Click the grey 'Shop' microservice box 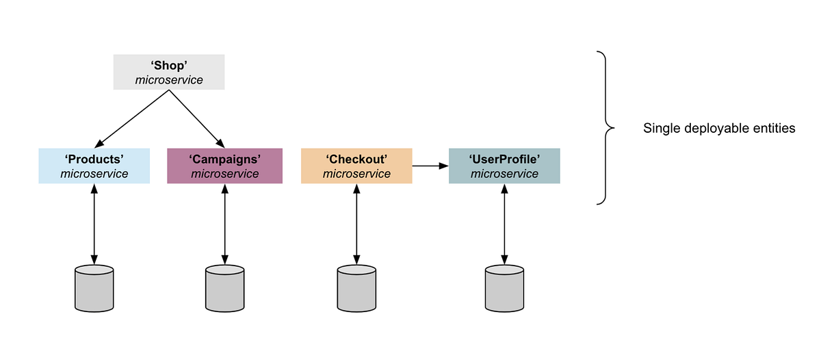(x=168, y=72)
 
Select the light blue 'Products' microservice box (x=94, y=166)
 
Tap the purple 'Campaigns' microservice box (x=224, y=166)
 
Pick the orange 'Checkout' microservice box (x=356, y=166)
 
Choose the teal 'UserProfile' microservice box (x=504, y=166)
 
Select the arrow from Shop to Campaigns (x=197, y=117)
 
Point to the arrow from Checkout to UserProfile (x=430, y=166)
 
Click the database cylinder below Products (x=94, y=288)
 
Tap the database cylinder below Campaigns (x=224, y=288)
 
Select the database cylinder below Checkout (x=356, y=288)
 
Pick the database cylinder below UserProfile (x=504, y=288)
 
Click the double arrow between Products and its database (x=94, y=224)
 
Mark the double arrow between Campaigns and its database (x=224, y=224)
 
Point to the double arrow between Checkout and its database (x=356, y=224)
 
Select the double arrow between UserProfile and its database (x=504, y=224)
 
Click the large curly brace (x=605, y=127)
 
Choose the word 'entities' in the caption (x=774, y=129)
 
